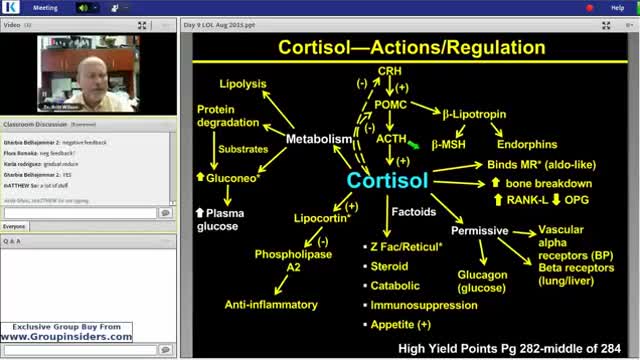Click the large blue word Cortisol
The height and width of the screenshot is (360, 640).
tap(387, 180)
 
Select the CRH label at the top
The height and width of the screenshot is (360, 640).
tap(389, 71)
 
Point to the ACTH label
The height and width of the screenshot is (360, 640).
tap(390, 140)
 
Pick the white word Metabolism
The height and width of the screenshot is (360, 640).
tap(319, 139)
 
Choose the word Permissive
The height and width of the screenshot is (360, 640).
tap(480, 231)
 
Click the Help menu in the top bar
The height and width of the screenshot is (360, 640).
tap(618, 6)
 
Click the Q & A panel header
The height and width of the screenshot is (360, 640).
tap(14, 241)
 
